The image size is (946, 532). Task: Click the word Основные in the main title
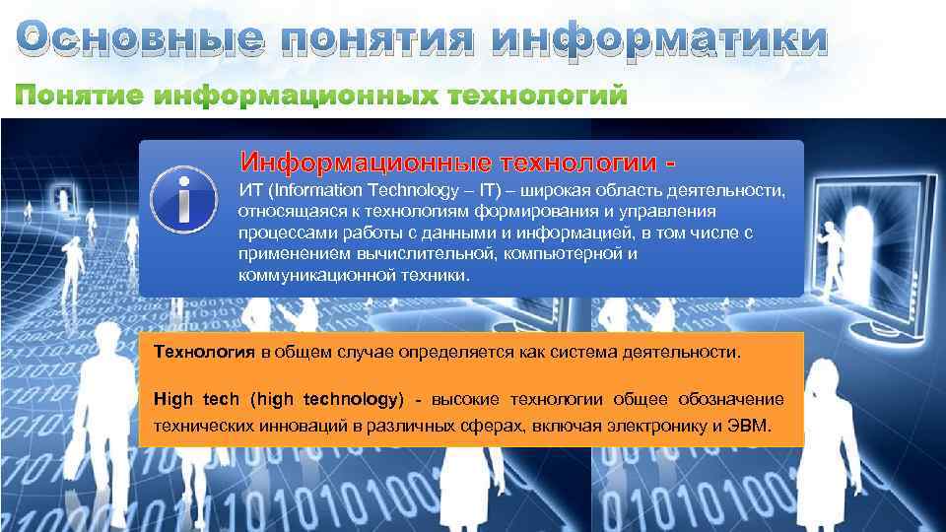coord(141,38)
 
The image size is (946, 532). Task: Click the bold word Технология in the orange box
coord(205,352)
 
